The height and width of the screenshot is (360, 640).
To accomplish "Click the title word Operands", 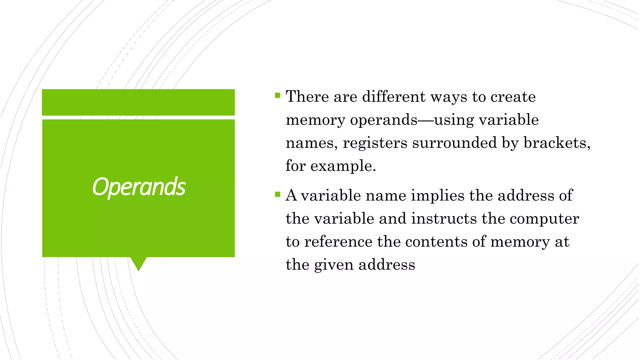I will pos(139,187).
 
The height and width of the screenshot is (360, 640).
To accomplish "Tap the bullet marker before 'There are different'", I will pos(277,95).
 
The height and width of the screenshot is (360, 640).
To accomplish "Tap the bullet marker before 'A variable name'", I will pos(277,194).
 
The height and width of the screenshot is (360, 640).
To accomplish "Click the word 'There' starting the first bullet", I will pos(307,96).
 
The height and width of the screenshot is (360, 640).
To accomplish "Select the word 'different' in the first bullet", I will pos(394,96).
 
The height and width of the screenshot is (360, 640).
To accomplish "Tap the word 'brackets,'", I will pos(557,143).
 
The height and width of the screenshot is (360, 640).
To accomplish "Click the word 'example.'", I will pos(343,166).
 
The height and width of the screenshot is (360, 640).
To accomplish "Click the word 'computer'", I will pos(544,219).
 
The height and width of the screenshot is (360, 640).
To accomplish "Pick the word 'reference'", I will pos(338,242).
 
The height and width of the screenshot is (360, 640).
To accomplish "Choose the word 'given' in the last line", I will pos(334,265).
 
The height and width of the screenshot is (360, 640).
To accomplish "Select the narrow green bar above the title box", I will pos(138,102).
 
